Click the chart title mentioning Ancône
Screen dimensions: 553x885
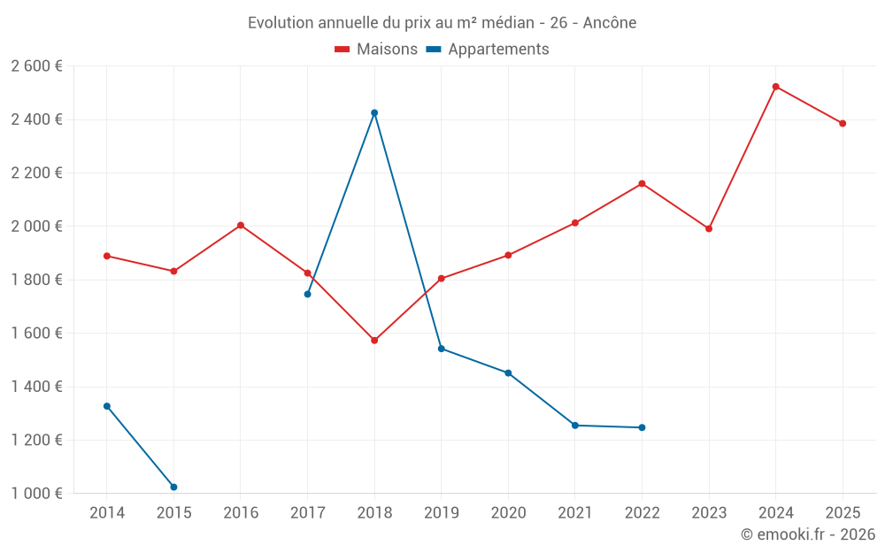coord(442,22)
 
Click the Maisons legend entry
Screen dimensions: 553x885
coord(376,50)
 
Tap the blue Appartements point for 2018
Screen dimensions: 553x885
coord(374,112)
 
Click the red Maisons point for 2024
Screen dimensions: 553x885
coord(775,87)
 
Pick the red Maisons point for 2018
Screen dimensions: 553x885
coord(374,340)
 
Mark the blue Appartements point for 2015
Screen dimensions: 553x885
coord(173,487)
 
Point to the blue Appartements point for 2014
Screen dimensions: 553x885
coord(107,406)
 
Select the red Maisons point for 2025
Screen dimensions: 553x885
coord(843,123)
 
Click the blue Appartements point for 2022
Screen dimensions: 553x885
coord(642,427)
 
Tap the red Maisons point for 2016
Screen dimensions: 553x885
coord(241,225)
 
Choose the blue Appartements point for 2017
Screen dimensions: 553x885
coord(307,294)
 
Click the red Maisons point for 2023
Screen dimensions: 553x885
coord(709,228)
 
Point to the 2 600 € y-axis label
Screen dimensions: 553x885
coord(36,65)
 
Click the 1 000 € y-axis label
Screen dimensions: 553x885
coord(36,493)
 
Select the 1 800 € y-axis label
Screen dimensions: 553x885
coord(36,280)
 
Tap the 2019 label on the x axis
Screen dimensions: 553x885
coord(441,512)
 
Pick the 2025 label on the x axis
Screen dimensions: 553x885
coord(843,512)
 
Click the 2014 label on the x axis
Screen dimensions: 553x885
coord(107,512)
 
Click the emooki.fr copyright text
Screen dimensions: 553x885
coord(807,534)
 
